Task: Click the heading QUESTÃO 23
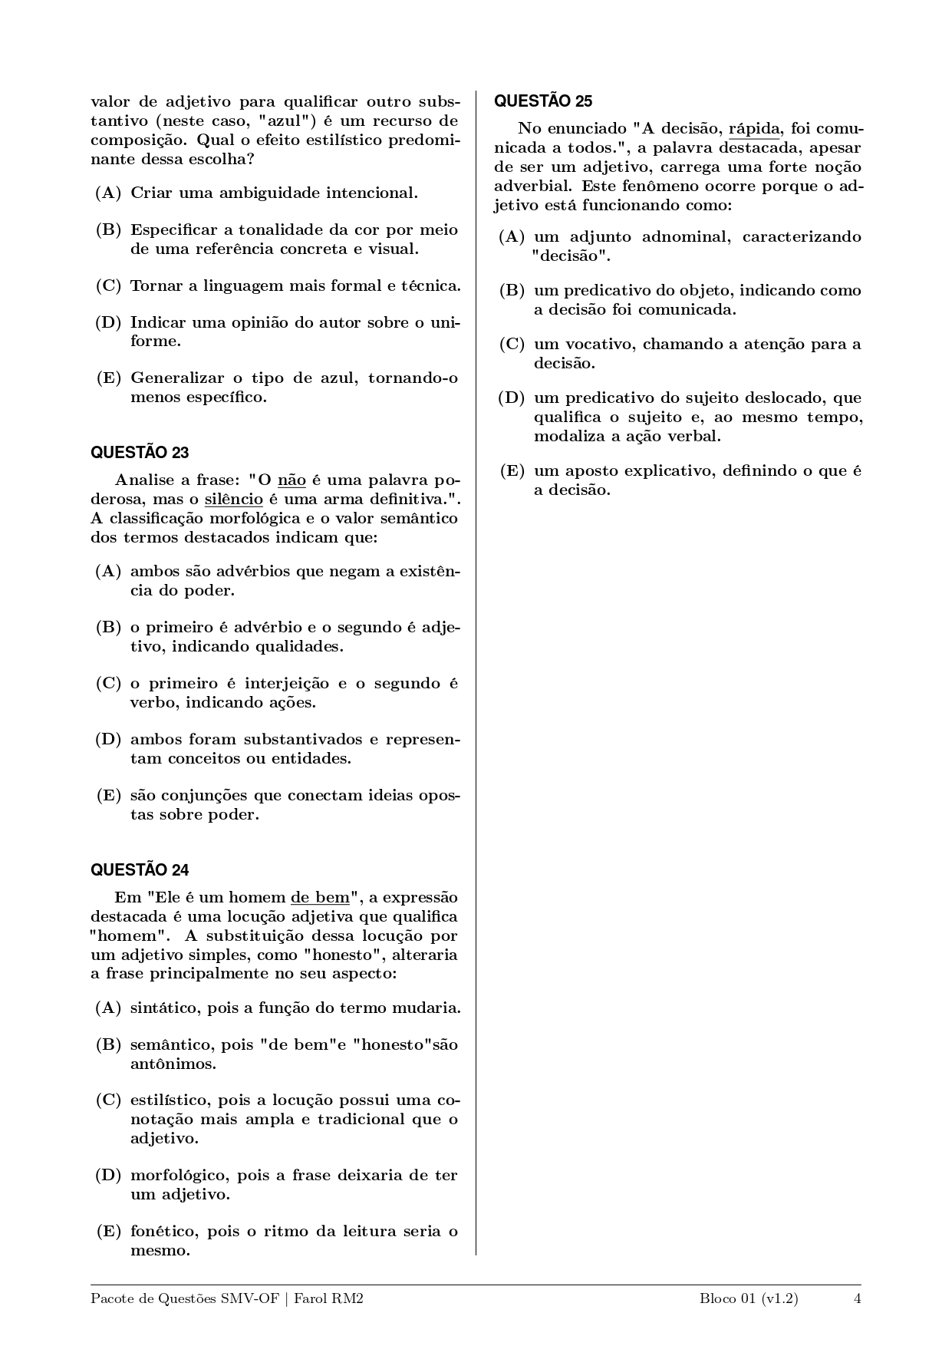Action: pos(140,452)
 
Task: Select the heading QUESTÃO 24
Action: pos(140,869)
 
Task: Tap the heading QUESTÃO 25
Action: pos(543,101)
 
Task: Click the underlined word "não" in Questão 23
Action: pos(292,480)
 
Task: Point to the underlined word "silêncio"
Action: pos(234,500)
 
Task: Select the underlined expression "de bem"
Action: pos(319,898)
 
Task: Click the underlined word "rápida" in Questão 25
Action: pos(753,129)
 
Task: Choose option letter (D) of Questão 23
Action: pos(108,740)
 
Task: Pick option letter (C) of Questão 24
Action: pos(108,1100)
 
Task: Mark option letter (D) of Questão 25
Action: pos(512,398)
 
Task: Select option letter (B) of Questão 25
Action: pos(512,290)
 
